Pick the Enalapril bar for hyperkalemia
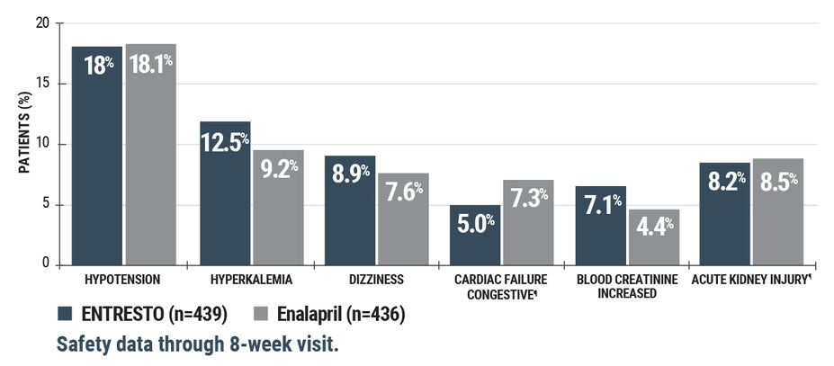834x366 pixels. [x=278, y=208]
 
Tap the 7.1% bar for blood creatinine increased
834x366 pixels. [x=601, y=226]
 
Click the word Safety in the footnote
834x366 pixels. [x=85, y=344]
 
